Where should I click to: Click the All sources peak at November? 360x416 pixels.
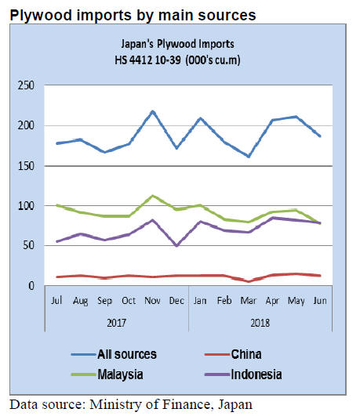pos(152,112)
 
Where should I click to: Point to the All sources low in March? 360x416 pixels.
pos(249,157)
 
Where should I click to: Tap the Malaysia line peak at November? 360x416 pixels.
pos(152,196)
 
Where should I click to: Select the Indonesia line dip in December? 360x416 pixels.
pos(176,245)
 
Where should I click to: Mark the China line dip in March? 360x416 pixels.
pos(249,281)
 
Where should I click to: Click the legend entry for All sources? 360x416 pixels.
pos(114,354)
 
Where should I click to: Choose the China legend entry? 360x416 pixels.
pos(233,354)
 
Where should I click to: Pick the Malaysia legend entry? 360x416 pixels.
pos(107,374)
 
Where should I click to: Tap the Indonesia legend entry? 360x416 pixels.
pos(243,374)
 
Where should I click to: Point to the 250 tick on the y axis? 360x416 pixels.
pos(26,85)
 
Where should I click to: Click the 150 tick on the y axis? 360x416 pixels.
pos(26,166)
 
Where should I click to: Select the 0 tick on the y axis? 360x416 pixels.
pos(31,286)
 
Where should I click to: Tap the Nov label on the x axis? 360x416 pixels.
pos(152,301)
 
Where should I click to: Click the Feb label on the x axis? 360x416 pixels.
pos(224,301)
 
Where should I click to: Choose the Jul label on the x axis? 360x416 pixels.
pos(56,301)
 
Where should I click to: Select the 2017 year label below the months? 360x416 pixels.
pos(116,323)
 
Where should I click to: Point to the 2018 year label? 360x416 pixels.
pos(260,323)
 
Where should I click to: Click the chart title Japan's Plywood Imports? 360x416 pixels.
pos(177,44)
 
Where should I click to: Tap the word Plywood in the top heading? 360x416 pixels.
pos(42,15)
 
